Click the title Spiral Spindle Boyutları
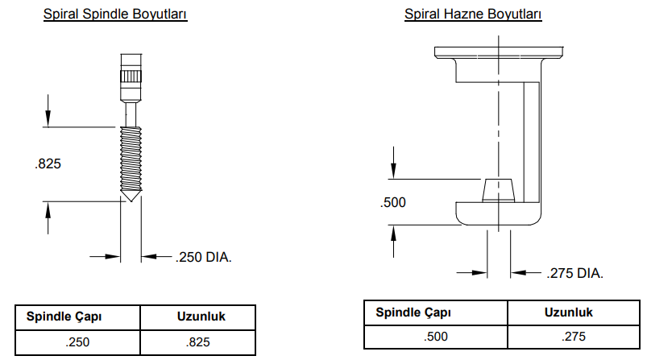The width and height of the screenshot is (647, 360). pos(115,14)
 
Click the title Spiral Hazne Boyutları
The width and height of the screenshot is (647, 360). pos(472,14)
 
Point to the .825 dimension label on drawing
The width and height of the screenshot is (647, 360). pos(49,163)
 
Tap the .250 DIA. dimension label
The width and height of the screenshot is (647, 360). pos(204,258)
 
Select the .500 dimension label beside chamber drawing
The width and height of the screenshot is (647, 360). pos(392,202)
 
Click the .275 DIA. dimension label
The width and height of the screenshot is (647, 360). pos(574,274)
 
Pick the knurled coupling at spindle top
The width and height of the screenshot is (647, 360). pos(131,77)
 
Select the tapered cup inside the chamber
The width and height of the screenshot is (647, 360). pos(498,192)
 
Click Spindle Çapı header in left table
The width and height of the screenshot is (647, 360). pos(64,317)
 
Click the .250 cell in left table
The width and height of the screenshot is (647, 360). pos(77,342)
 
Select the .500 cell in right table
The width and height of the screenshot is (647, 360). pos(436,337)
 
